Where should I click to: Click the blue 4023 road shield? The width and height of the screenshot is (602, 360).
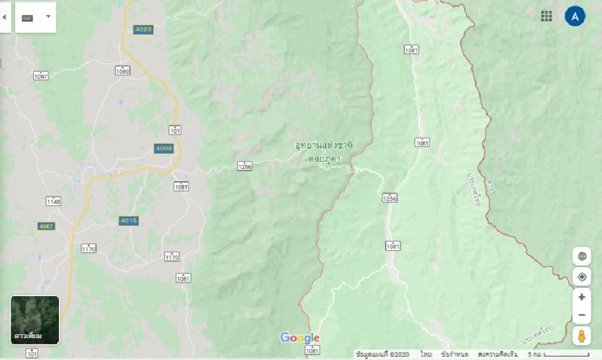143,29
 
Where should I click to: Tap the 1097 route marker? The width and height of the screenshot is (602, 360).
41,75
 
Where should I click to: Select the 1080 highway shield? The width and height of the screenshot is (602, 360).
123,71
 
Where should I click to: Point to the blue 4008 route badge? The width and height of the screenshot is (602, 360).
163,148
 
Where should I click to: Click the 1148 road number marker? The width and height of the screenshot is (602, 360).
53,201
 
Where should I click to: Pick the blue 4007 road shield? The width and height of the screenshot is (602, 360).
46,226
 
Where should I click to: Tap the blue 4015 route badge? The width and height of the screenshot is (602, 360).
129,221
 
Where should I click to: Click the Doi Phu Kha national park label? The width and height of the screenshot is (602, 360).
324,152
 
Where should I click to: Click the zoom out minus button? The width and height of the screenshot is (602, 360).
582,315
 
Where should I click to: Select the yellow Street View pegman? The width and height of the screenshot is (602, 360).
582,336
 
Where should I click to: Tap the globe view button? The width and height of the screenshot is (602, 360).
582,256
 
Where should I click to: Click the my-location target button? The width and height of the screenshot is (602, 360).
582,277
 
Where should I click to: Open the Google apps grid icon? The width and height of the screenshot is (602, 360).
547,16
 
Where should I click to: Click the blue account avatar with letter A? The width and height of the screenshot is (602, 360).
575,16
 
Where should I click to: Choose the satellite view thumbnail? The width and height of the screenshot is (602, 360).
35,320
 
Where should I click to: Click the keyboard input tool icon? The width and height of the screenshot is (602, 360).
28,17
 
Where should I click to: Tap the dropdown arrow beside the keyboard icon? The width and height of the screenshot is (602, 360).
48,17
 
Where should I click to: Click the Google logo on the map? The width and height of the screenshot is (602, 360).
300,338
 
